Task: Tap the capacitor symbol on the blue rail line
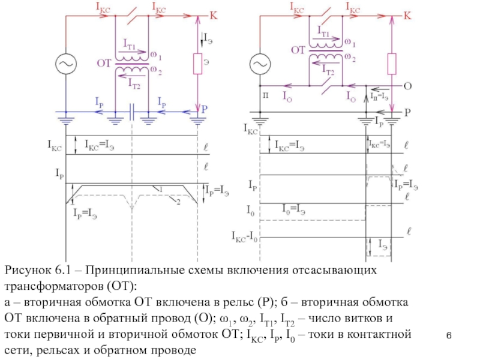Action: pyautogui.click(x=131, y=111)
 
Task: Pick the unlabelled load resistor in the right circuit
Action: pyautogui.click(x=392, y=62)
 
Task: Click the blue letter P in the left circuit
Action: pyautogui.click(x=205, y=110)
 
